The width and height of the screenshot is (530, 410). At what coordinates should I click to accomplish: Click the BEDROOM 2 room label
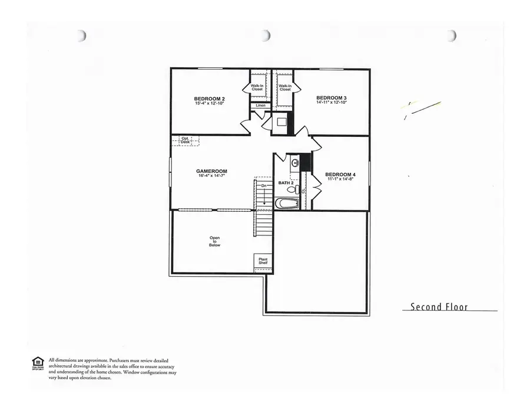click(210, 98)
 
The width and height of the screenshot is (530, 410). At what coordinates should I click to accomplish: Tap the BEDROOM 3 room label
click(332, 97)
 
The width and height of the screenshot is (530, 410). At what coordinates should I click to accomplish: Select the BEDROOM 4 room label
click(340, 174)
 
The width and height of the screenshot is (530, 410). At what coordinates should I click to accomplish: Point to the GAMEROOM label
click(211, 171)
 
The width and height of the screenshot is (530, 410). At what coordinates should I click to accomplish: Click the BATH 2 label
click(286, 183)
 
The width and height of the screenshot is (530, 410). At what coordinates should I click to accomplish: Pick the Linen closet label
click(260, 106)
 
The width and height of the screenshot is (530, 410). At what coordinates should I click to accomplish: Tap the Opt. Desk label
click(185, 140)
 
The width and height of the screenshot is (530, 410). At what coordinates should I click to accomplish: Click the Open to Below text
click(214, 241)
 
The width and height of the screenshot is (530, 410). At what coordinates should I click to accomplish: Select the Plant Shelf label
click(263, 261)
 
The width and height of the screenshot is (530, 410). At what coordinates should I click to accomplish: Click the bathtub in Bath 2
click(287, 204)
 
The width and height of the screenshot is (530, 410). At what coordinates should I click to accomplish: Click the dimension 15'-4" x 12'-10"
click(210, 103)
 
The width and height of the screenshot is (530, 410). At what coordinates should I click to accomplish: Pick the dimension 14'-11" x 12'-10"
click(332, 103)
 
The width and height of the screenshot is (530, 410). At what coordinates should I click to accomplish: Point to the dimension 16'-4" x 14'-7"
click(211, 176)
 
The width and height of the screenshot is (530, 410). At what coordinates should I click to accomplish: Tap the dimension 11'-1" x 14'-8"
click(340, 179)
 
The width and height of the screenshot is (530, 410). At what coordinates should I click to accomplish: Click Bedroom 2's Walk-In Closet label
click(257, 87)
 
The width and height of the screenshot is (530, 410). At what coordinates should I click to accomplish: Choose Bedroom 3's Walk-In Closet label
click(285, 87)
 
